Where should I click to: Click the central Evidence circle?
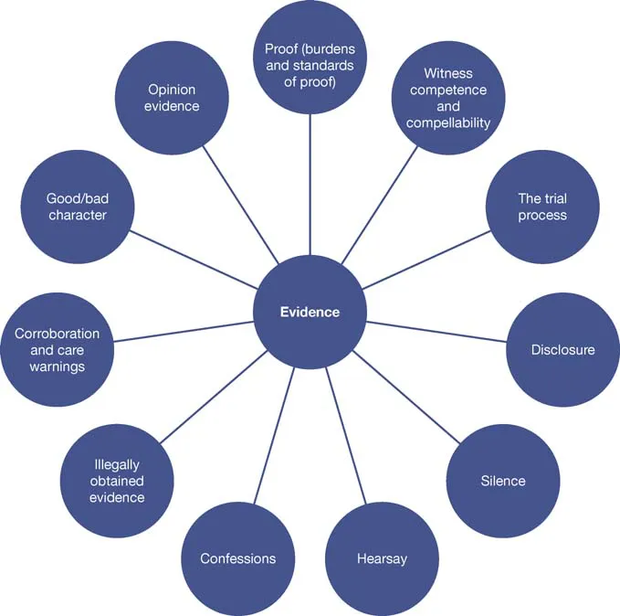(310, 312)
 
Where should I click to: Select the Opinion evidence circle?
(173, 98)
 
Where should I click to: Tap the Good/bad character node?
(77, 207)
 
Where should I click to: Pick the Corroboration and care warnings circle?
(57, 349)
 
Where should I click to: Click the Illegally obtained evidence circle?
(117, 482)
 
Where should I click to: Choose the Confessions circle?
(237, 558)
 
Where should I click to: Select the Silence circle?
(502, 481)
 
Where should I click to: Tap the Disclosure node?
(562, 349)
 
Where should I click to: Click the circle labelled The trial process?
(542, 207)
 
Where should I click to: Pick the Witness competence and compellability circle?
(448, 97)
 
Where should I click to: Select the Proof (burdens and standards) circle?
(310, 57)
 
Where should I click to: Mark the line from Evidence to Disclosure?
(436, 330)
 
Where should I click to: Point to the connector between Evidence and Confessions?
(274, 434)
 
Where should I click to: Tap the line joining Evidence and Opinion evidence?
(240, 205)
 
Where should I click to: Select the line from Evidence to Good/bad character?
(194, 260)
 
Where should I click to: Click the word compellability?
(448, 122)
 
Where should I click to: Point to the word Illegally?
(117, 464)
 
